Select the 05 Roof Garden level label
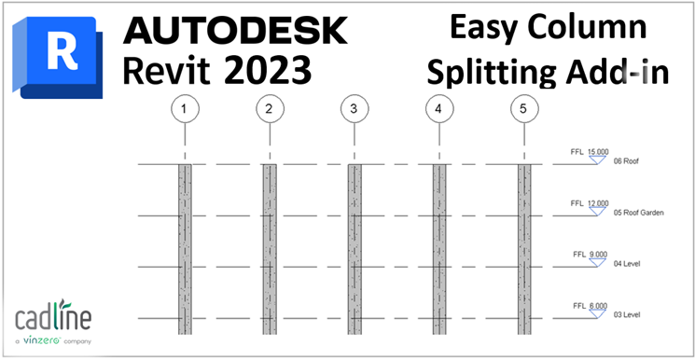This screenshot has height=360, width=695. (x=638, y=213)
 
